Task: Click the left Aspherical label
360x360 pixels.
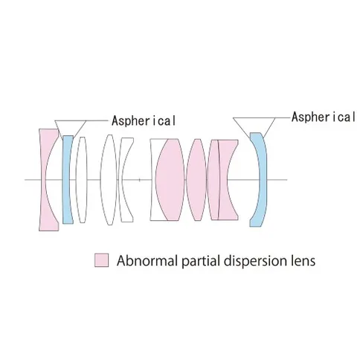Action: pos(144,121)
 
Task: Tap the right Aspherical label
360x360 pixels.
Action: pos(324,117)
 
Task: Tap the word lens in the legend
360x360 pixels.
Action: pos(303,260)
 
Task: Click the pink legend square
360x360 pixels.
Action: pos(101,260)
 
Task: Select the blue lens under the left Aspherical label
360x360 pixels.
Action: pos(67,179)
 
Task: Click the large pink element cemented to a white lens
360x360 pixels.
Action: pos(170,179)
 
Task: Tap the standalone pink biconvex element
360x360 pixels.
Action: pos(196,179)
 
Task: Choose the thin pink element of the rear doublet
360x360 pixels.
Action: pos(213,179)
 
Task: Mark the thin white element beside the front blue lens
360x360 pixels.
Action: pos(81,179)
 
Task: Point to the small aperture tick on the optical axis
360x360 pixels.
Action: pos(140,180)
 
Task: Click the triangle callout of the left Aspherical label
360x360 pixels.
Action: pos(70,120)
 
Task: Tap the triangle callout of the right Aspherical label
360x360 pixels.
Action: pos(254,118)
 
